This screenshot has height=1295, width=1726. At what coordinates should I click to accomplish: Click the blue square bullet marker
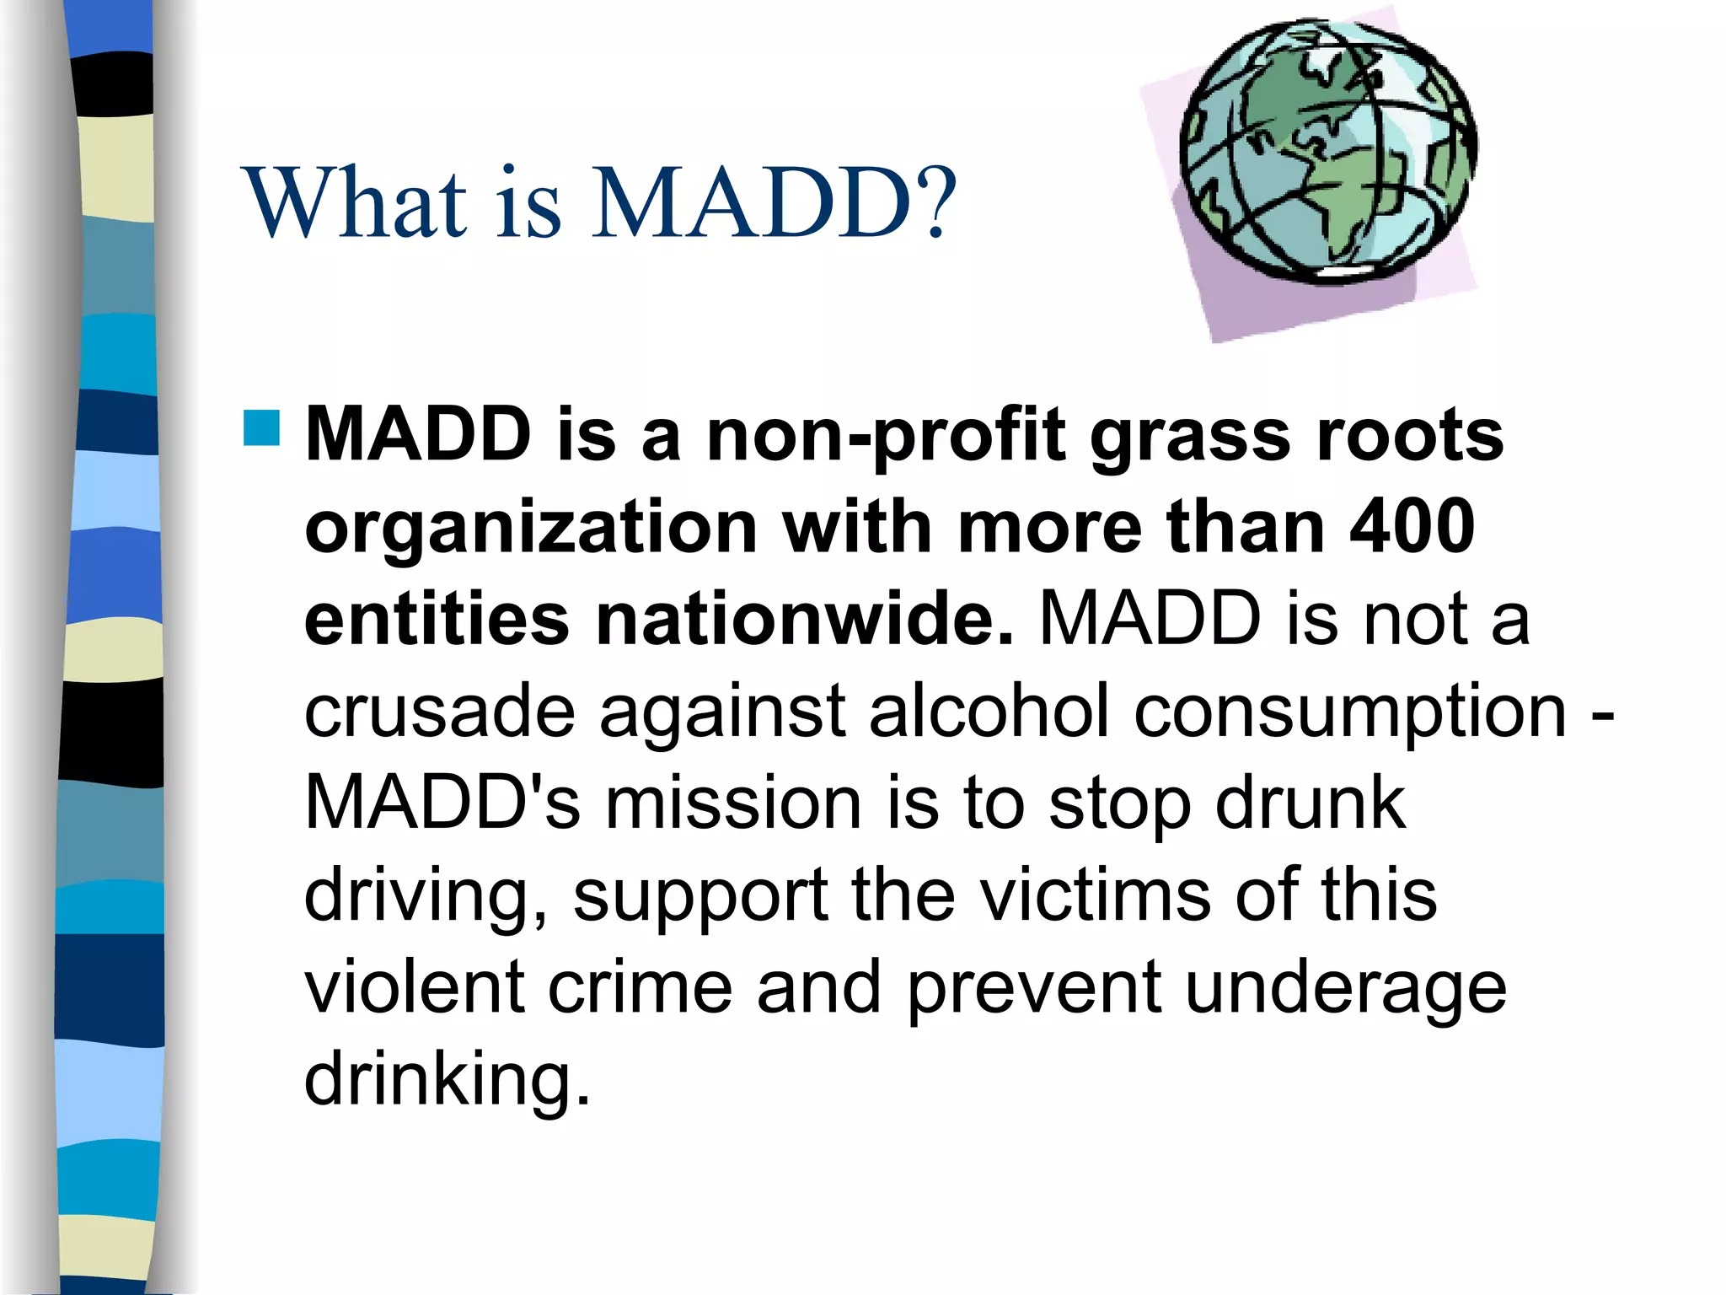(261, 427)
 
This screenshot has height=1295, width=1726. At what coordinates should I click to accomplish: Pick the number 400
(1412, 527)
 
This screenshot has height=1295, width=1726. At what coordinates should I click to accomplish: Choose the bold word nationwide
(805, 620)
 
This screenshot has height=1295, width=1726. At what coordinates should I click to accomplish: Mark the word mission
(733, 803)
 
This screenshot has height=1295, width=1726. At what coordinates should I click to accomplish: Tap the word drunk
(1311, 803)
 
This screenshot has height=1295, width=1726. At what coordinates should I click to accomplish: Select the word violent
(415, 986)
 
